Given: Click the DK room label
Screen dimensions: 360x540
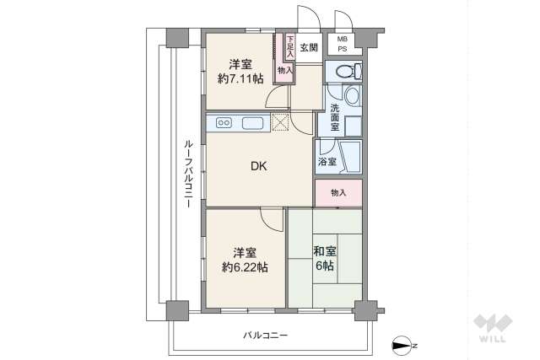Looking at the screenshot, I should (258, 166).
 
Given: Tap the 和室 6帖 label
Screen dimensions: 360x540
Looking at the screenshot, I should (325, 258).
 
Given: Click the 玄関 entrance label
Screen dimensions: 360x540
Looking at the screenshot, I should (309, 47).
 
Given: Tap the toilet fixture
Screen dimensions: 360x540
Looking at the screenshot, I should (347, 73).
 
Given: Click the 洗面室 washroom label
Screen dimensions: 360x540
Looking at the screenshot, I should (335, 112).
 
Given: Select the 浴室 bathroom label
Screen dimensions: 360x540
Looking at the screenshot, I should (327, 161).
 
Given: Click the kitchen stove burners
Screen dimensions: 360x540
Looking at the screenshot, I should (225, 123).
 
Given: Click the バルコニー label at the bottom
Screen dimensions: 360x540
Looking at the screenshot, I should (266, 335).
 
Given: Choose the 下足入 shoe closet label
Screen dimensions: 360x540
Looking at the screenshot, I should (290, 46).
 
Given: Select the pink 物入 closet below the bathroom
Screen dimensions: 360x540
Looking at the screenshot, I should (338, 193).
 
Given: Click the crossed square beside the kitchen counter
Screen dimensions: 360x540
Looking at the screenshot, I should (279, 123).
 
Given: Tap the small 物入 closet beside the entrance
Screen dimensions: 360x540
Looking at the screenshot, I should (284, 71).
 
